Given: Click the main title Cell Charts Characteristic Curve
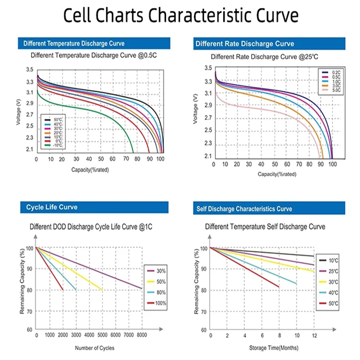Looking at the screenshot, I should click(x=180, y=16).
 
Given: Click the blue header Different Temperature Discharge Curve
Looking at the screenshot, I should click(x=74, y=44).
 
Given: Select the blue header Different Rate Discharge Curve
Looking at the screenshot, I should click(x=244, y=44).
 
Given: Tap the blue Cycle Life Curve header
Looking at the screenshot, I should click(x=52, y=207).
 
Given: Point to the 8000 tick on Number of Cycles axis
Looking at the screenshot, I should click(x=142, y=335).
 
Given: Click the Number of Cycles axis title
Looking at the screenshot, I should click(x=94, y=348).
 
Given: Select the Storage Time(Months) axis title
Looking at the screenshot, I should click(x=274, y=348).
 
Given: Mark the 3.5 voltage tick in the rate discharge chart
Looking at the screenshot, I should click(x=208, y=68).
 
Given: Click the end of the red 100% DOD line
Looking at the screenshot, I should click(x=63, y=290).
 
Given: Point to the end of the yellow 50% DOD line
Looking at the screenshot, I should click(x=103, y=290).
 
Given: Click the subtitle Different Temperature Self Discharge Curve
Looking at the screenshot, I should click(x=265, y=227).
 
